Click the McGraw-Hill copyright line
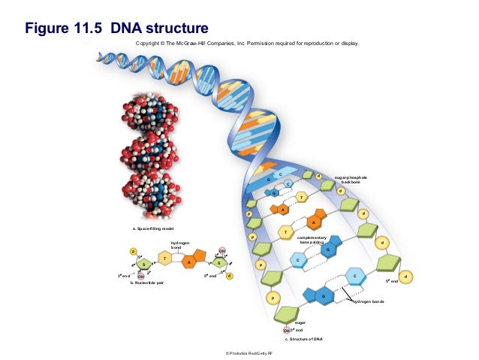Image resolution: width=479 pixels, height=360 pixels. [x=248, y=44]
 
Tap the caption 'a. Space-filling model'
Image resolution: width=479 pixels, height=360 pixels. [x=154, y=228]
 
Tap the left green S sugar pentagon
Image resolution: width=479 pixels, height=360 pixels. [x=143, y=264]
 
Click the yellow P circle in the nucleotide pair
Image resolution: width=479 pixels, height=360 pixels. [x=134, y=251]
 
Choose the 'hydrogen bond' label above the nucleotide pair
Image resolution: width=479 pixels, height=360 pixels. [x=180, y=245]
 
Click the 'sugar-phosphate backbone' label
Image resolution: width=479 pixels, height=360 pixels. [x=351, y=180]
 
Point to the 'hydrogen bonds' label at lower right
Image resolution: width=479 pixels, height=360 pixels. [x=369, y=301]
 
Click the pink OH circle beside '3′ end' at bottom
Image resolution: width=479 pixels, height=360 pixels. [x=286, y=331]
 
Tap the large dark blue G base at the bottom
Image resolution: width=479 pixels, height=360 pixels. [x=324, y=297]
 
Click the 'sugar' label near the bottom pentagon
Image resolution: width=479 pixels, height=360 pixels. [x=300, y=321]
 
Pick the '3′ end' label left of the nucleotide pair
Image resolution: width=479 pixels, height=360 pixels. [x=125, y=276]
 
